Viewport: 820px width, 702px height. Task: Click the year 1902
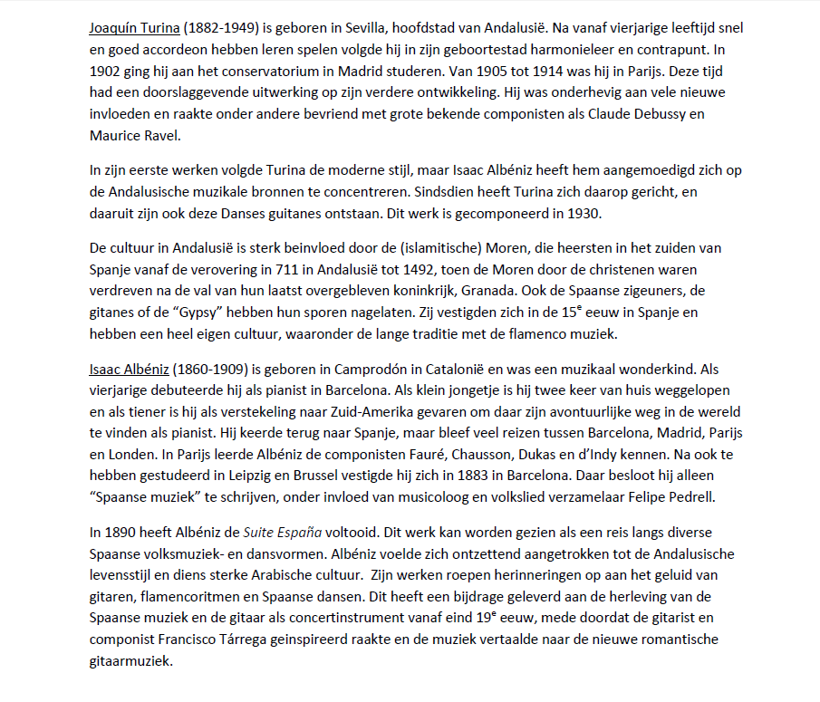coord(106,72)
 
